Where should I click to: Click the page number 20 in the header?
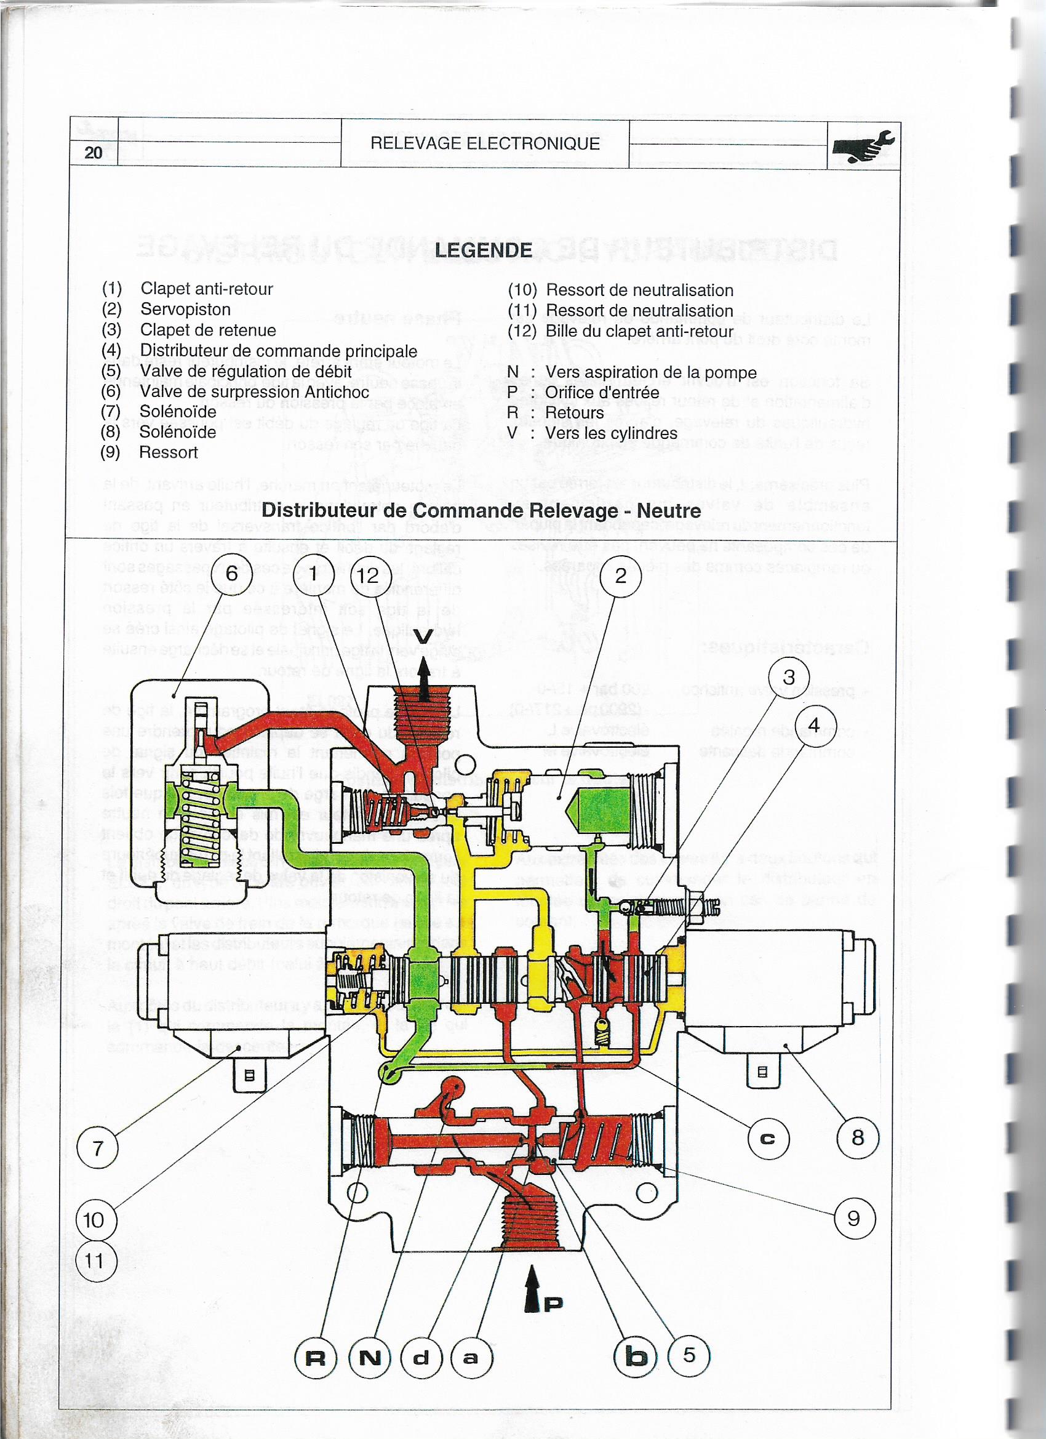click(94, 152)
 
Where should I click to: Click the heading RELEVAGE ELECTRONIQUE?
click(485, 143)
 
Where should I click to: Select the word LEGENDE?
click(484, 250)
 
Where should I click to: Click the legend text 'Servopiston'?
click(185, 310)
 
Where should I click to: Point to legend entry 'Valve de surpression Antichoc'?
click(254, 391)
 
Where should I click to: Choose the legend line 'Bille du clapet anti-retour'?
click(639, 331)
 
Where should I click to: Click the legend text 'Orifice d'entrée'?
click(602, 392)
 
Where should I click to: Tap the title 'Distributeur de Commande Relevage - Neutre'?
click(481, 510)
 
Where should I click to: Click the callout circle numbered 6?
click(231, 574)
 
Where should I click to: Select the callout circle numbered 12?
click(368, 575)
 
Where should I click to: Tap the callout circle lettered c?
click(767, 1138)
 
